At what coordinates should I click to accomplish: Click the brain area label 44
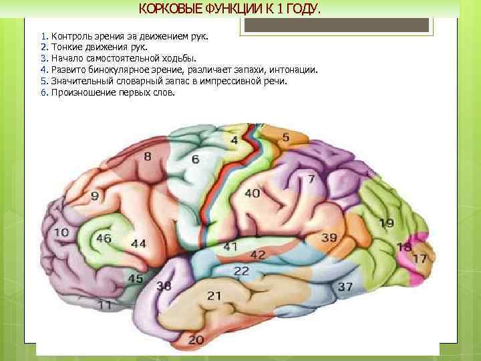click(139, 243)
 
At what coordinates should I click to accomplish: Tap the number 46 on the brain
click(104, 238)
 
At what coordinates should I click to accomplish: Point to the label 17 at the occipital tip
click(420, 258)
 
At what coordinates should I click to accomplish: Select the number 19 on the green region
click(386, 223)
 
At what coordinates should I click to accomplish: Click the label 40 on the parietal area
click(253, 193)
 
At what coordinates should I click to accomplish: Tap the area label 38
click(164, 285)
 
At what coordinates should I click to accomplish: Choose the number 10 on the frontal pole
click(61, 232)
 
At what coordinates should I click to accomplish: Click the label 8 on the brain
click(148, 156)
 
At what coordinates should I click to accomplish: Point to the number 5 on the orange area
click(285, 137)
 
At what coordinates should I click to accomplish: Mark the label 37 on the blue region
click(345, 286)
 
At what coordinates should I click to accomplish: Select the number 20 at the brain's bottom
click(196, 340)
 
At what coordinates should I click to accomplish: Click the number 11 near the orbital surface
click(104, 305)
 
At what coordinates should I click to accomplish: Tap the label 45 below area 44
click(135, 277)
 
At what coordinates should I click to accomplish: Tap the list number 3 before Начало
click(43, 58)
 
